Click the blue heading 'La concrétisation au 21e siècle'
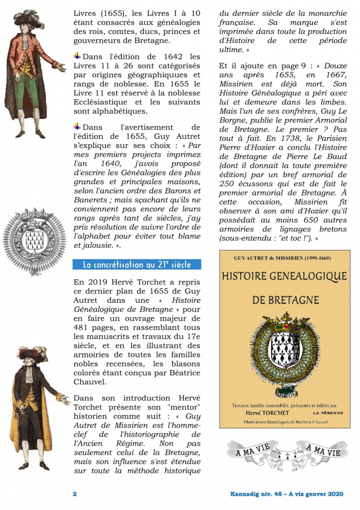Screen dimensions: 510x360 click(137, 265)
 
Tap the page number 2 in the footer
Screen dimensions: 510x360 click(75, 494)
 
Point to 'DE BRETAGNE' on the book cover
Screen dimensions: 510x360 click(284, 300)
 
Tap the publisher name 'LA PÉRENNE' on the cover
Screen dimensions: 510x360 click(327, 413)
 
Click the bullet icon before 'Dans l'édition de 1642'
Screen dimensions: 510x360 click(78, 56)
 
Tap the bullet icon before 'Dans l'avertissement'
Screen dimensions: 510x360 click(78, 126)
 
